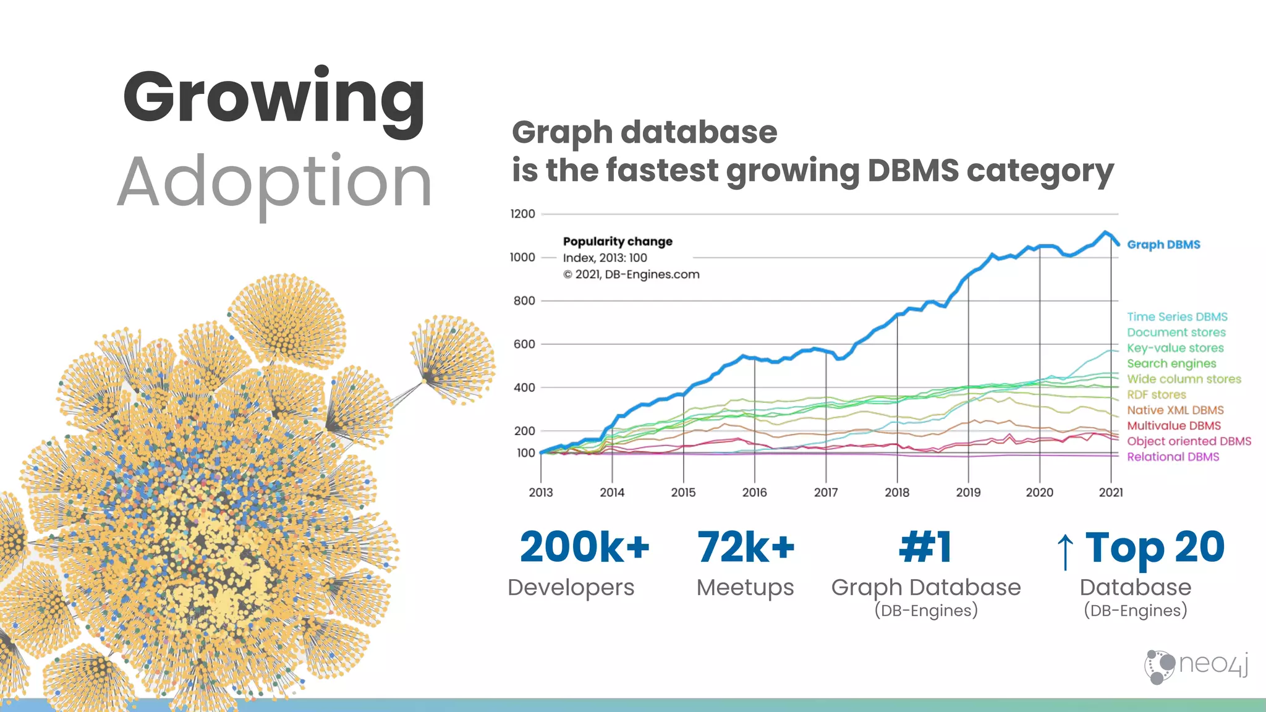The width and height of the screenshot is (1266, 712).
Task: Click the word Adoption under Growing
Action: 274,183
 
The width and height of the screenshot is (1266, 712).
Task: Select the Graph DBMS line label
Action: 1163,245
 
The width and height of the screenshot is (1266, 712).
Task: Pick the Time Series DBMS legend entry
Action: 1177,317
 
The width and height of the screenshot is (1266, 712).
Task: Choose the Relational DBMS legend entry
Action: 1173,457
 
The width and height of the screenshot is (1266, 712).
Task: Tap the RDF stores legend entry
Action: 1156,394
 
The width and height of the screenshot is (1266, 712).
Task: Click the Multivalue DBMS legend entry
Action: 1173,426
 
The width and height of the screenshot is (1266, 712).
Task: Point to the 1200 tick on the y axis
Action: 522,214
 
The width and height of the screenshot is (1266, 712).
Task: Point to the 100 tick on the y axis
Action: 525,453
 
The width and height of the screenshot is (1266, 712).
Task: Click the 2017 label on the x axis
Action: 825,493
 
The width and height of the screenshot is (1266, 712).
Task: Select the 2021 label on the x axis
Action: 1110,493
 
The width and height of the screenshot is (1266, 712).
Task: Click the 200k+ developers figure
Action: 584,548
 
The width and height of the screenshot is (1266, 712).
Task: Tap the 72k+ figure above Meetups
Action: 746,548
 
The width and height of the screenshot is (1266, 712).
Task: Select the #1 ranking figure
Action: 925,548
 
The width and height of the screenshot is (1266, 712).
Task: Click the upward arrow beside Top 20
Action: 1064,551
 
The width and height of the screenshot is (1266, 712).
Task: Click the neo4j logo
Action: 1196,666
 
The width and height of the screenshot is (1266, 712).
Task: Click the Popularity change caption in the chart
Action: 618,242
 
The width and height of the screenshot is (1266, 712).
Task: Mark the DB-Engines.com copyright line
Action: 631,274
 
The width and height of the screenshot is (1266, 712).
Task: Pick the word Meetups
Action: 745,588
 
